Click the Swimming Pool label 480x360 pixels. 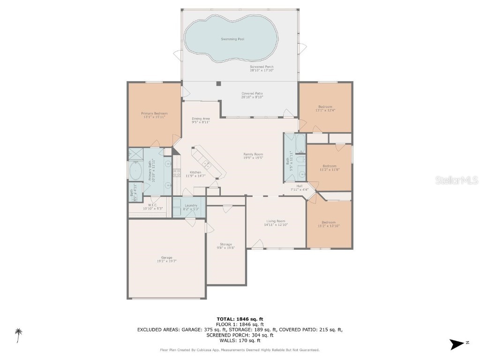click(x=232, y=39)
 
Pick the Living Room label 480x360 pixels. click(x=276, y=223)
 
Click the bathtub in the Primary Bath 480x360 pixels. click(x=135, y=171)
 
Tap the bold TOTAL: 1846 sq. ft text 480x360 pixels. click(x=240, y=319)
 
